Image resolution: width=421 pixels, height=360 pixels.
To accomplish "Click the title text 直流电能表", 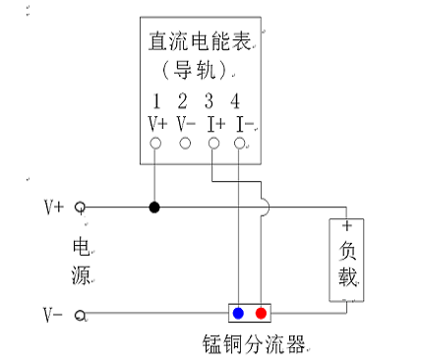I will [x=199, y=42].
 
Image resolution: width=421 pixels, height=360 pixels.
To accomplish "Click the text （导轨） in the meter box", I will [x=199, y=70].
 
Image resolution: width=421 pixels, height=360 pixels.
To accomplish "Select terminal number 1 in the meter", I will [x=156, y=101].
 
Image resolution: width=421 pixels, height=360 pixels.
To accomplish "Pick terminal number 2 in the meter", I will [x=183, y=101].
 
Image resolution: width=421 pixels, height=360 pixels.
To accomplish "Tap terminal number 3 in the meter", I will [x=209, y=101].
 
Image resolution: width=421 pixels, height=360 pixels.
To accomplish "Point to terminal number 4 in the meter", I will [x=235, y=101].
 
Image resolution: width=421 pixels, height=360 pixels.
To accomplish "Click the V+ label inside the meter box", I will [x=156, y=123].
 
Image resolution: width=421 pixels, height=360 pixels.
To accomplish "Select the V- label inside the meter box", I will [x=184, y=123].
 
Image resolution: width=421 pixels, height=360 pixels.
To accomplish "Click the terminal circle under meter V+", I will [x=155, y=144].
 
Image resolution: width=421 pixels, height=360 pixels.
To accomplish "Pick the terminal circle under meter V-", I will [x=184, y=144].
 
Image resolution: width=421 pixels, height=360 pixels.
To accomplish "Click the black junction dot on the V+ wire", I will [x=154, y=208].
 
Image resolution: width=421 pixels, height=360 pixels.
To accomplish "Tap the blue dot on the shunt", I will [x=239, y=314].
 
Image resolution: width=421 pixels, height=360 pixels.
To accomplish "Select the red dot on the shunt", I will [x=261, y=314].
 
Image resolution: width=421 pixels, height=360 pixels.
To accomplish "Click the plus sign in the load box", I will [x=346, y=225].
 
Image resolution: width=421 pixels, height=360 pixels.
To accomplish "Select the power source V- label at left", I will [x=53, y=315].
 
